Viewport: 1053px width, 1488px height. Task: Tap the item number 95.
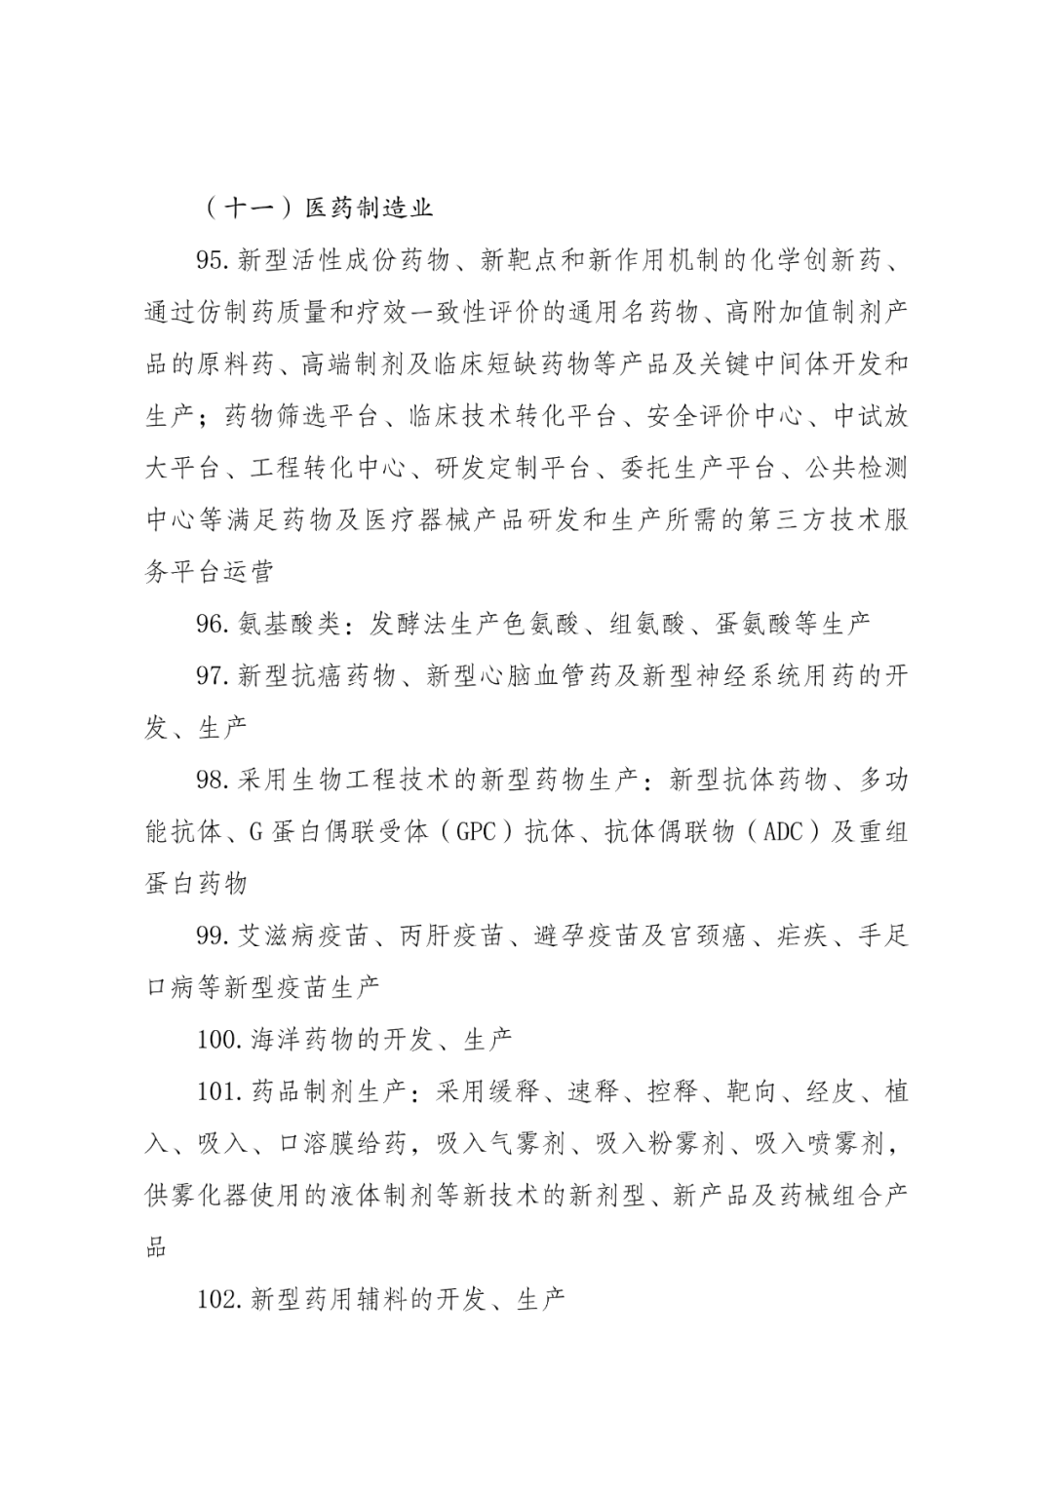pyautogui.click(x=212, y=260)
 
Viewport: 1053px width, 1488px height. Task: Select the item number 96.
pyautogui.click(x=212, y=624)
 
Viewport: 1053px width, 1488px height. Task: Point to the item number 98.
pyautogui.click(x=212, y=780)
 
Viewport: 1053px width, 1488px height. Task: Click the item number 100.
pyautogui.click(x=218, y=1039)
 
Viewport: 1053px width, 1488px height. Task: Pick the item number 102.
pyautogui.click(x=218, y=1299)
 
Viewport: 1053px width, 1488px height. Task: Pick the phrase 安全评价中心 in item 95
pyautogui.click(x=723, y=416)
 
